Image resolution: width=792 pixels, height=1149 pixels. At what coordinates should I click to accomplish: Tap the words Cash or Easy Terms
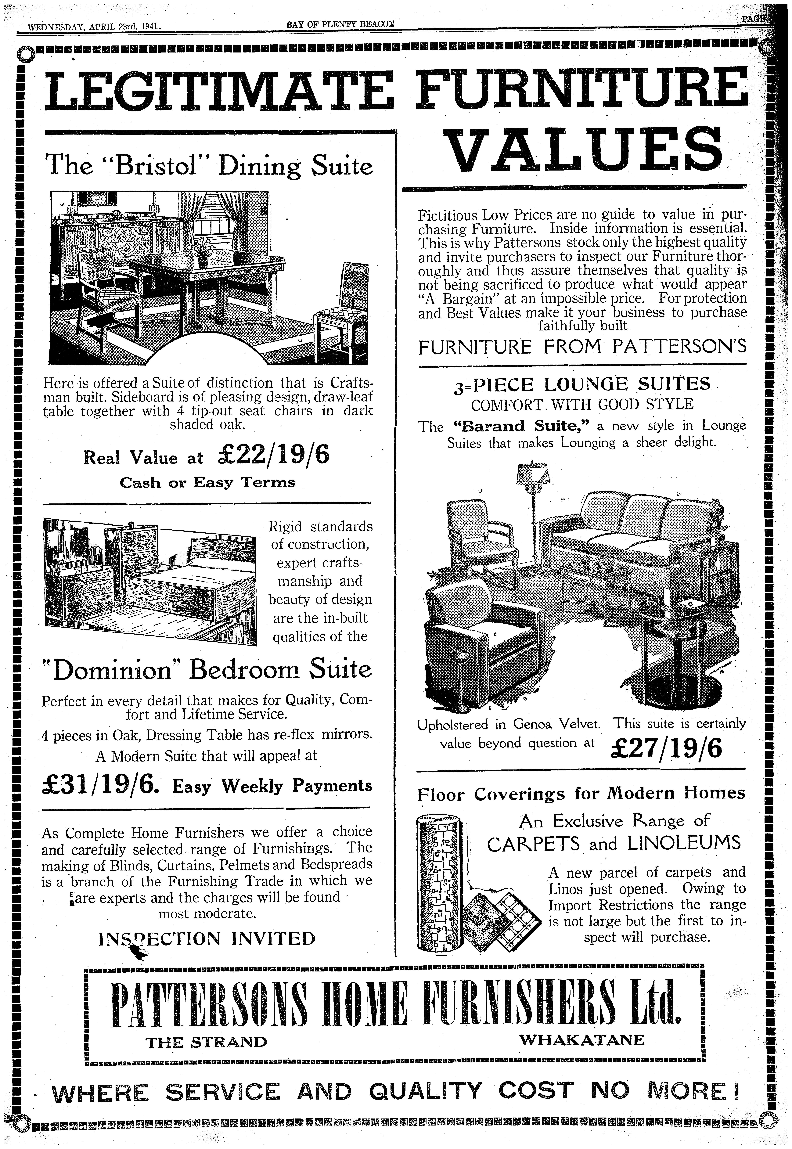(207, 483)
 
